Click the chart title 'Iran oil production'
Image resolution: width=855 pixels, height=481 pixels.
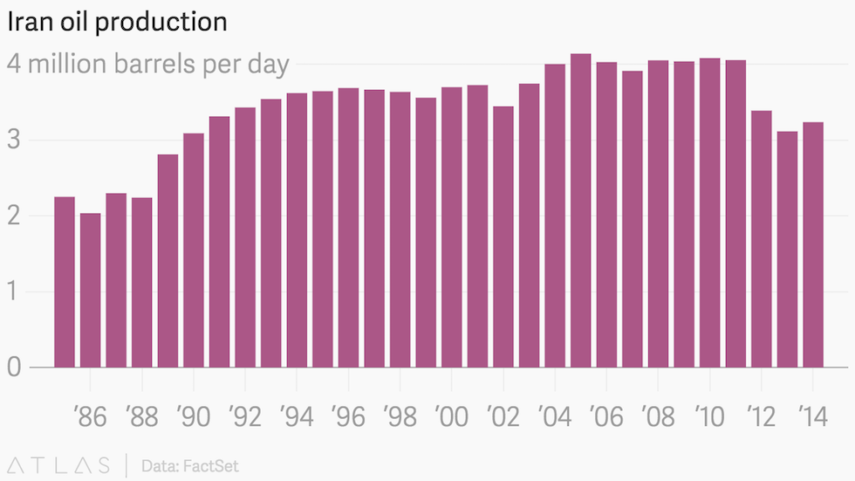(x=118, y=22)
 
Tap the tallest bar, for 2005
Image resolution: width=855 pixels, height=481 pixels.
(x=580, y=210)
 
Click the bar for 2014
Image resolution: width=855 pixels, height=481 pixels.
(x=812, y=244)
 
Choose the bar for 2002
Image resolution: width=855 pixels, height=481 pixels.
(x=503, y=237)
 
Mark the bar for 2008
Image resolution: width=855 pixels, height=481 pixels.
(x=658, y=214)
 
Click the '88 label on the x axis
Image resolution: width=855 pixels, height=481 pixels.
(x=141, y=416)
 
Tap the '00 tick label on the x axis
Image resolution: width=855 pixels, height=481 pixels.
(x=452, y=416)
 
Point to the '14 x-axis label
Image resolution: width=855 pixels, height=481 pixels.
(x=811, y=416)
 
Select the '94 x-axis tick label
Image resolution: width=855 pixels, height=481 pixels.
(x=297, y=416)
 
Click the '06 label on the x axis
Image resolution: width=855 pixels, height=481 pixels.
(x=606, y=416)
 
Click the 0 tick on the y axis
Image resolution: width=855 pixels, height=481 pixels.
(x=14, y=368)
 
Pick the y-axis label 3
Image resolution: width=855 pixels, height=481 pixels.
(x=14, y=141)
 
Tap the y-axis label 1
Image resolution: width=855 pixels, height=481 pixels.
(x=14, y=292)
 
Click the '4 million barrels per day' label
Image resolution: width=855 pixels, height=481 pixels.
(x=148, y=65)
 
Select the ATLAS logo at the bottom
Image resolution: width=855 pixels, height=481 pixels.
(x=59, y=465)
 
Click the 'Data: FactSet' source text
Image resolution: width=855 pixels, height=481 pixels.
(x=189, y=465)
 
